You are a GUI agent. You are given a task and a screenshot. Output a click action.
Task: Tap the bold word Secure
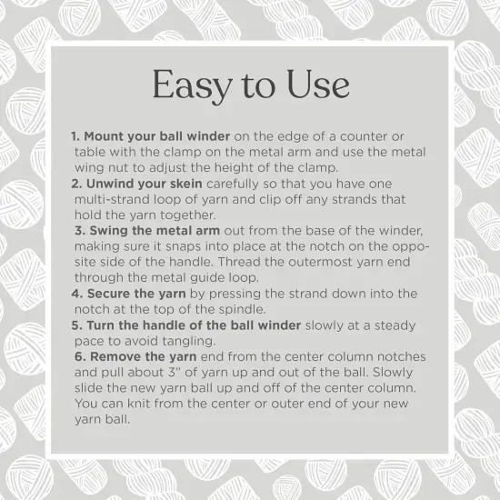113,294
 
